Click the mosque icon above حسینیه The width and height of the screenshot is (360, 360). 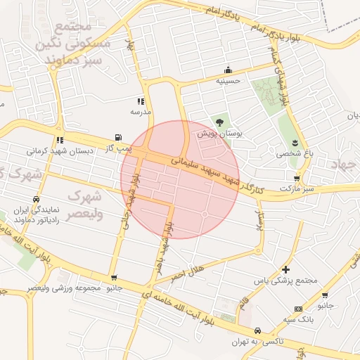pos(227,70)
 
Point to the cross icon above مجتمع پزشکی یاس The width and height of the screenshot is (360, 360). pos(285,269)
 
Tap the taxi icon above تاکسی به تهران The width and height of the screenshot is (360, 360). pos(257,330)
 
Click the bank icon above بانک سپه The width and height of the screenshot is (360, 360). pos(298,309)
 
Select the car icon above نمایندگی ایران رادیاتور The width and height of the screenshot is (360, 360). pos(46,199)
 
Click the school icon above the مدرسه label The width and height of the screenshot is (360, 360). pos(141,101)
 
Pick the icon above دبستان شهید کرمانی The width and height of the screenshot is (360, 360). pos(60,139)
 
